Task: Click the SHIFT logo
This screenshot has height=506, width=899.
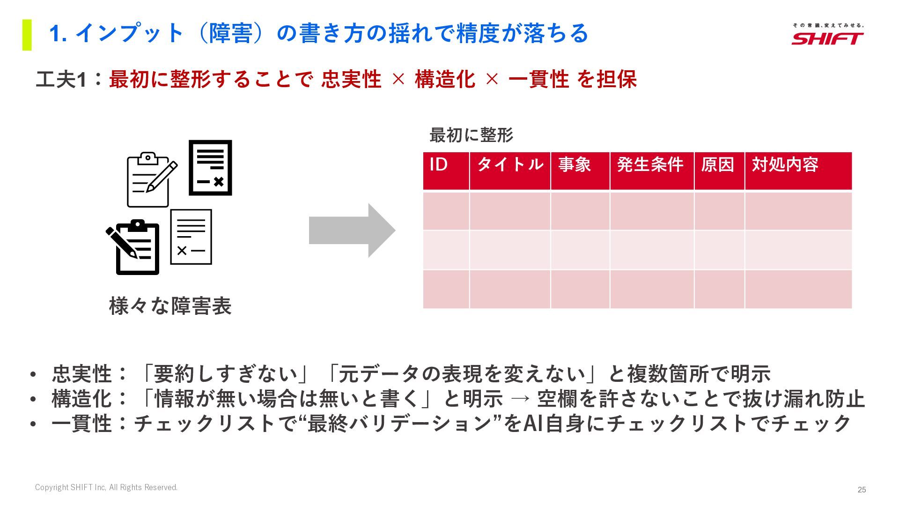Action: coord(827,35)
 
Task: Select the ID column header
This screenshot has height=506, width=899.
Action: coord(446,171)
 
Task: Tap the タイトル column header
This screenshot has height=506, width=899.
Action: coord(510,171)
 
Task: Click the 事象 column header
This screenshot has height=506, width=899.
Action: coord(580,171)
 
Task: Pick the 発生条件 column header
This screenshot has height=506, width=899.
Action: coord(651,171)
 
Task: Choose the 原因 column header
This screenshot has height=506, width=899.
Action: coord(719,171)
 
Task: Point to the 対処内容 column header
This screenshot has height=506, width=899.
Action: coord(798,171)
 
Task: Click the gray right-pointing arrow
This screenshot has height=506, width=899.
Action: coord(352,231)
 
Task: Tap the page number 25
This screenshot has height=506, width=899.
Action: coord(862,490)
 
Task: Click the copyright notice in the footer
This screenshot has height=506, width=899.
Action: coord(106,487)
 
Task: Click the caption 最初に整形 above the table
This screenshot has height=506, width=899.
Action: coord(471,135)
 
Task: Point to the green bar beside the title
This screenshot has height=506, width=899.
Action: coord(27,35)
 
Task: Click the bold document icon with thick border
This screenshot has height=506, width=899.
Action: coord(210,168)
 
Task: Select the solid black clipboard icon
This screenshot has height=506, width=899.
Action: coord(135,247)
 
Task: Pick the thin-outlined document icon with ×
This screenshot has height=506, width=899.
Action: coord(191,237)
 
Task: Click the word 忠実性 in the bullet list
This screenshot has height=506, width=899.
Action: coord(82,374)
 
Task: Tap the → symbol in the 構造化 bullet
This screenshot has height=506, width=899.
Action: coord(520,399)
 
